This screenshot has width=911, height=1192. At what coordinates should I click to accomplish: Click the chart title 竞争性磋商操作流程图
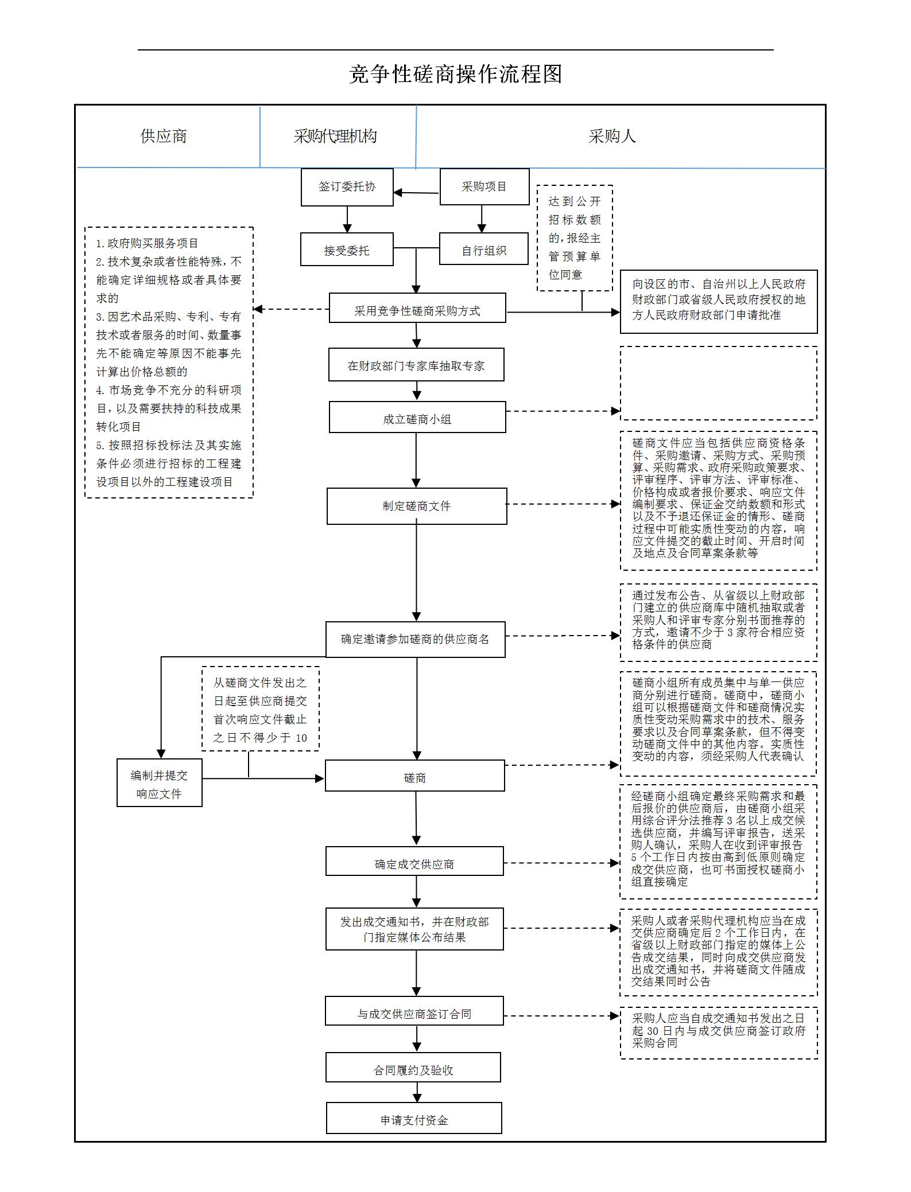coord(455,74)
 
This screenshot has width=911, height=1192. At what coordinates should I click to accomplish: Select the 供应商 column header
coord(164,136)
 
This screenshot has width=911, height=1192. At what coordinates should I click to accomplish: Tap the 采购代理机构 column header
coord(335,136)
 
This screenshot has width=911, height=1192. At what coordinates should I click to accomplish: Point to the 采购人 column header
coord(612,136)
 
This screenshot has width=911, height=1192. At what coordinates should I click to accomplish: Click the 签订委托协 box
coord(347,187)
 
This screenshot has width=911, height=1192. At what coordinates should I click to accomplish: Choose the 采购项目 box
coord(484,187)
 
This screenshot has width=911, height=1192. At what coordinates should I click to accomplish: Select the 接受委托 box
coord(347,250)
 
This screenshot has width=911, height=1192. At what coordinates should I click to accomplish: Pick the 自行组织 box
coord(483,249)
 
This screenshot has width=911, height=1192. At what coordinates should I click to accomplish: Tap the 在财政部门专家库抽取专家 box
coord(416,365)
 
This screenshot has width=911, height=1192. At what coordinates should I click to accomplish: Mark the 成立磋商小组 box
coord(417,417)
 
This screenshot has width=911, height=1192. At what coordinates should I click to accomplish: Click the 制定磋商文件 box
coord(417,506)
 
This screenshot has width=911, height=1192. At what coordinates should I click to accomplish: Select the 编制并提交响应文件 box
coord(159,783)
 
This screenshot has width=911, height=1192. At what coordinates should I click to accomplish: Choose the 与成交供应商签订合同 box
coord(414,1011)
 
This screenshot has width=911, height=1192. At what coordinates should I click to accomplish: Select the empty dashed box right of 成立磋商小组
coord(718,383)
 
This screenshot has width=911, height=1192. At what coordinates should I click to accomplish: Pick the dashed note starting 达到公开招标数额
coord(575,237)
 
